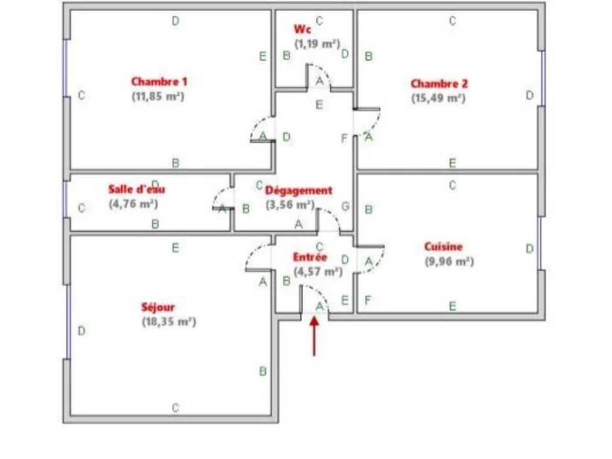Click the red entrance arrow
(x=314, y=337)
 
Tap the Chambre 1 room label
(x=159, y=82)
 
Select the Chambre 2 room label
(x=439, y=84)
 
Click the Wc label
(x=302, y=29)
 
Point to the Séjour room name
(x=158, y=307)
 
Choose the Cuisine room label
(x=444, y=247)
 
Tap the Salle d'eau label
(x=136, y=189)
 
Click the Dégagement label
(x=298, y=191)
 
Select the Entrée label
(x=310, y=257)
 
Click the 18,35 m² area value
(x=168, y=322)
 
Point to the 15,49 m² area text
(x=439, y=98)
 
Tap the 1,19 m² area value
(x=317, y=44)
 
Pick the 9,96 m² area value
(x=449, y=261)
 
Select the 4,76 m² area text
(x=133, y=204)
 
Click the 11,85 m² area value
(x=157, y=96)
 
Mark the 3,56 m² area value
(x=290, y=205)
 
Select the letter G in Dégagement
(x=346, y=207)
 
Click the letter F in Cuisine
(x=368, y=300)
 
